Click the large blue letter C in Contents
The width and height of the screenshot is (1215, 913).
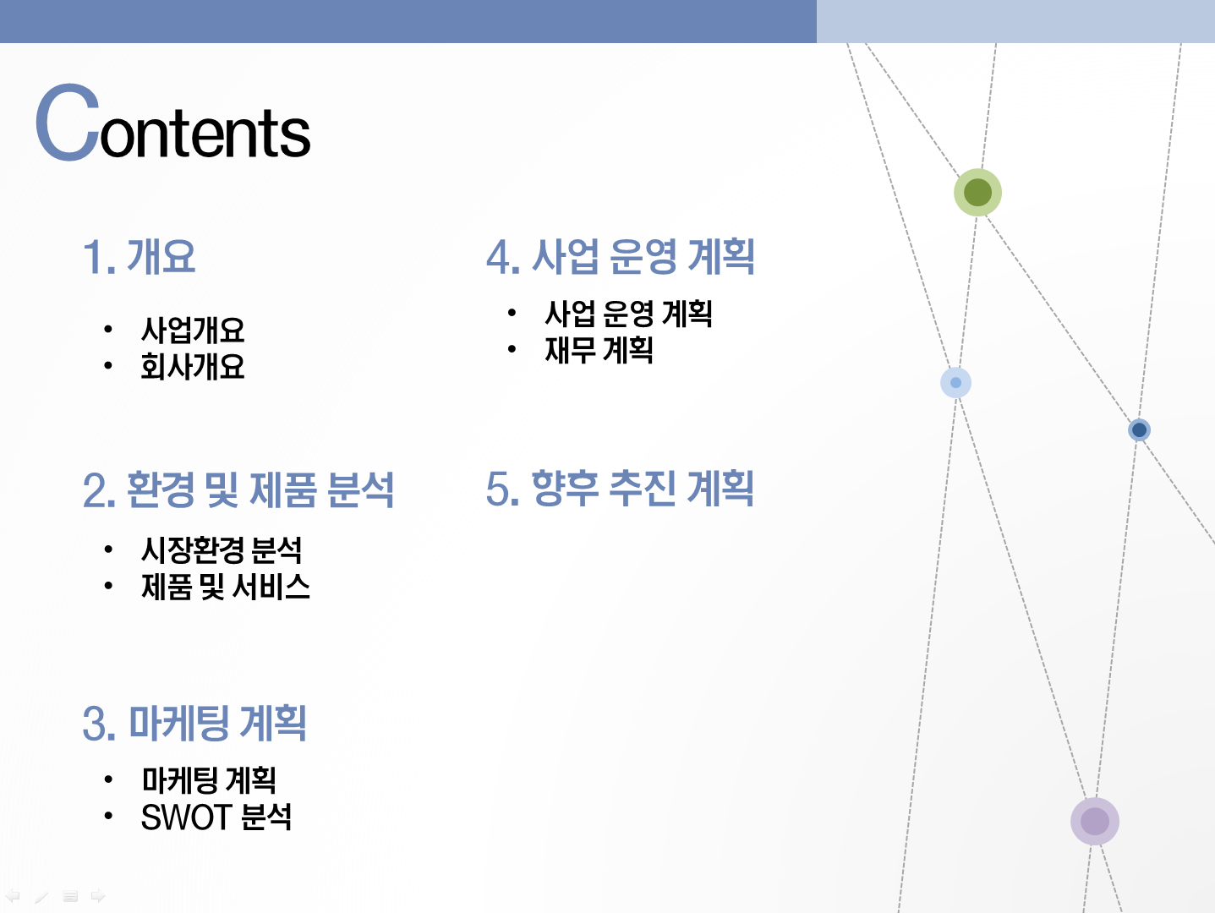coord(68,123)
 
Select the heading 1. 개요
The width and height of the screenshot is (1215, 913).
coord(139,257)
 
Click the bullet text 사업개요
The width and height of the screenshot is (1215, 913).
coord(193,331)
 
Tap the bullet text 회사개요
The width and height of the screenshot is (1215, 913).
coord(193,366)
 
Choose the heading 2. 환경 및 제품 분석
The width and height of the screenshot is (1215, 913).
coord(238,489)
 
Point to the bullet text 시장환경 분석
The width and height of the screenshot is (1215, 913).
coord(222,550)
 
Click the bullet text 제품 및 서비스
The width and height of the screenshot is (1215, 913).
coord(226,587)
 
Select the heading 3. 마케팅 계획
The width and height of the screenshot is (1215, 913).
coord(194,723)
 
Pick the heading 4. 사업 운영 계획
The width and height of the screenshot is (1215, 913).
coord(621,257)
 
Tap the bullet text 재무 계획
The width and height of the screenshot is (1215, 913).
coord(599,350)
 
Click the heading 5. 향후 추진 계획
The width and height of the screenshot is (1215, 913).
coord(620,489)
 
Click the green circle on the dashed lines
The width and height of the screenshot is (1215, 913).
coord(977,193)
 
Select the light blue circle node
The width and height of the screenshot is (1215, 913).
coord(956,382)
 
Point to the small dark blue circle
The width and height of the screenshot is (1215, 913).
coord(1139,430)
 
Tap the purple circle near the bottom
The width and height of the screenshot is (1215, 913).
coord(1095,821)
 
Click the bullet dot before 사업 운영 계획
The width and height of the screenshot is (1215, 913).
coord(512,313)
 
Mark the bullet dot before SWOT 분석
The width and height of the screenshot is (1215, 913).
coord(108,816)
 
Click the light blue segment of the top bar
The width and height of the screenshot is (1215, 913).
coord(1015,22)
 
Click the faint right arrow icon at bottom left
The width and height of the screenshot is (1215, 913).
coord(98,895)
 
